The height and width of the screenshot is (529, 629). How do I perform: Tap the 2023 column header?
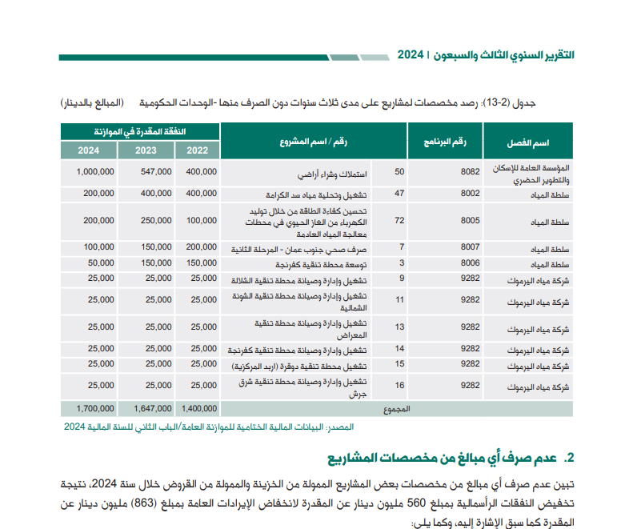click(145, 150)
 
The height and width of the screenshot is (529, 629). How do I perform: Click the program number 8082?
click(471, 171)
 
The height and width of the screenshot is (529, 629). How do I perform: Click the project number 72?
click(399, 220)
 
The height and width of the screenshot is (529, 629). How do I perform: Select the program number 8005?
click(471, 220)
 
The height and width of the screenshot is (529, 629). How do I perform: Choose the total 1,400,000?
click(199, 408)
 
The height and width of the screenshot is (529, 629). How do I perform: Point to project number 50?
click(399, 171)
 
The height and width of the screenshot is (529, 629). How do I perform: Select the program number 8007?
click(471, 247)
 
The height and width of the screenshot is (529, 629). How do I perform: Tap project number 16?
click(399, 386)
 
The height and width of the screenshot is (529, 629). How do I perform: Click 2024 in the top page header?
click(410, 55)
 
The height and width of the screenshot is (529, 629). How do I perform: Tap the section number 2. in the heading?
click(569, 458)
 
